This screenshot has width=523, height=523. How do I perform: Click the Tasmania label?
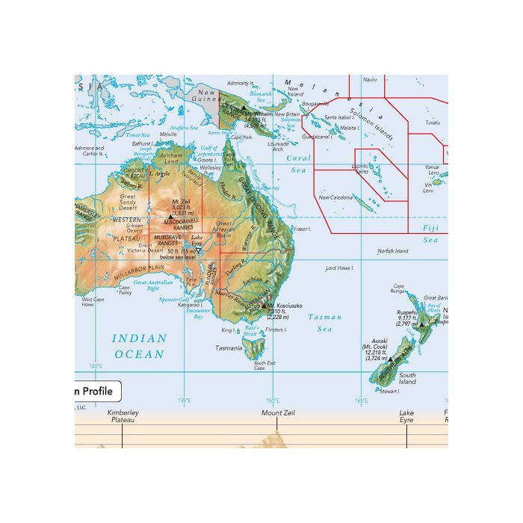pyautogui.click(x=229, y=347)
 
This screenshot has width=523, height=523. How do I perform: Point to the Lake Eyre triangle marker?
pyautogui.click(x=199, y=251)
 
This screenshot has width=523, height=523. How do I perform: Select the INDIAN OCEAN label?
pyautogui.click(x=139, y=346)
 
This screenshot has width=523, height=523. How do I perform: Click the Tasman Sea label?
pyautogui.click(x=325, y=322)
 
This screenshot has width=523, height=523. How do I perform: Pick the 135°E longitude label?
pyautogui.click(x=184, y=400)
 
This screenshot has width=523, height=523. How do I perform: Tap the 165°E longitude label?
pyautogui.click(x=362, y=400)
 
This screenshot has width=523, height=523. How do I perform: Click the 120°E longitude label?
pyautogui.click(x=96, y=366)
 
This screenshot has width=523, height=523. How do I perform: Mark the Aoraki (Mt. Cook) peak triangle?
pyautogui.click(x=389, y=359)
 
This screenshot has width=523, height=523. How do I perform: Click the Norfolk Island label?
pyautogui.click(x=392, y=251)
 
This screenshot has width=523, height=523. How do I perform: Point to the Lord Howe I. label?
pyautogui.click(x=340, y=267)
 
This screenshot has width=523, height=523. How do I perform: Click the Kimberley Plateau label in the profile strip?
pyautogui.click(x=123, y=416)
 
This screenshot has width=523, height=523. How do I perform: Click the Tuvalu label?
pyautogui.click(x=433, y=123)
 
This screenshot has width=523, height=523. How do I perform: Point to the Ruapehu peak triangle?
pyautogui.click(x=421, y=324)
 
